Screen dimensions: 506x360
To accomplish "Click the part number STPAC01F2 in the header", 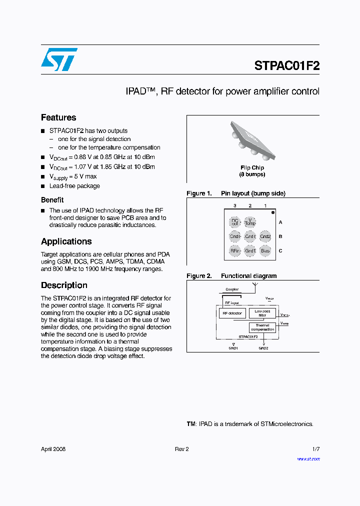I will pyautogui.click(x=286, y=65).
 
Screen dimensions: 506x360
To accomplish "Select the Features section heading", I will pyautogui.click(x=58, y=117).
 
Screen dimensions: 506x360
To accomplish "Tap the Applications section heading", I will pyautogui.click(x=66, y=241).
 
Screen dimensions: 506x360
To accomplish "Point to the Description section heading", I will pyautogui.click(x=64, y=285).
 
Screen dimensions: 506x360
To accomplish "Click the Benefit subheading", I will pyautogui.click(x=52, y=200).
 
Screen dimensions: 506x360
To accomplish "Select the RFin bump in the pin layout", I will pyautogui.click(x=235, y=251).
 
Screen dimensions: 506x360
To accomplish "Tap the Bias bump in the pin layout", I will pyautogui.click(x=265, y=251).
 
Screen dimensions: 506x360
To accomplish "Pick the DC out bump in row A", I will pyautogui.click(x=235, y=222).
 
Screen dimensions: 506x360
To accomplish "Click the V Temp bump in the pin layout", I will pyautogui.click(x=250, y=222).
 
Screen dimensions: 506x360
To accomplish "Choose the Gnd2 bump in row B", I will pyautogui.click(x=265, y=236).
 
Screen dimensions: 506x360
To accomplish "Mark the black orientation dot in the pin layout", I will pyautogui.click(x=273, y=213).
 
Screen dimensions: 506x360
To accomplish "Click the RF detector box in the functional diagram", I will pyautogui.click(x=232, y=313).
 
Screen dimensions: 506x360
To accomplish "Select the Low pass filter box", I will pyautogui.click(x=262, y=313).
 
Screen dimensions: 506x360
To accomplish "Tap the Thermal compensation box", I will pyautogui.click(x=262, y=327).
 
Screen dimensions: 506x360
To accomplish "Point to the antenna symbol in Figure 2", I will pyautogui.click(x=255, y=286).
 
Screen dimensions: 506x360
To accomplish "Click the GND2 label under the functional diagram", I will pyautogui.click(x=263, y=348).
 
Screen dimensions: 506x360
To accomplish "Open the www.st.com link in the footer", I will pyautogui.click(x=308, y=459).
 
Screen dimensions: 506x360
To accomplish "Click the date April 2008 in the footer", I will pyautogui.click(x=53, y=449).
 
